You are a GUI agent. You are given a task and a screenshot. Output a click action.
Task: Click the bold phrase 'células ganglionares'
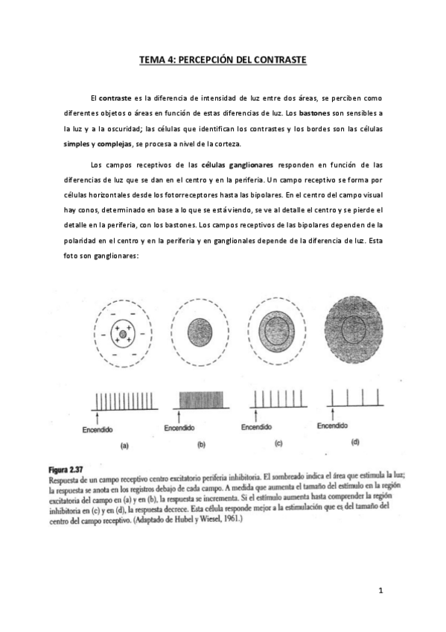[234, 164]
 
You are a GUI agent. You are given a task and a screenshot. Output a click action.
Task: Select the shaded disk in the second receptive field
[197, 329]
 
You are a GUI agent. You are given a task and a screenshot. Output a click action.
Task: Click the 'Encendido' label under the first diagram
[95, 429]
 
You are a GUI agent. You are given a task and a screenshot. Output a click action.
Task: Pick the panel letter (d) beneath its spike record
[354, 443]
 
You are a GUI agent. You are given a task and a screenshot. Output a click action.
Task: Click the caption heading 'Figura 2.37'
[65, 470]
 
